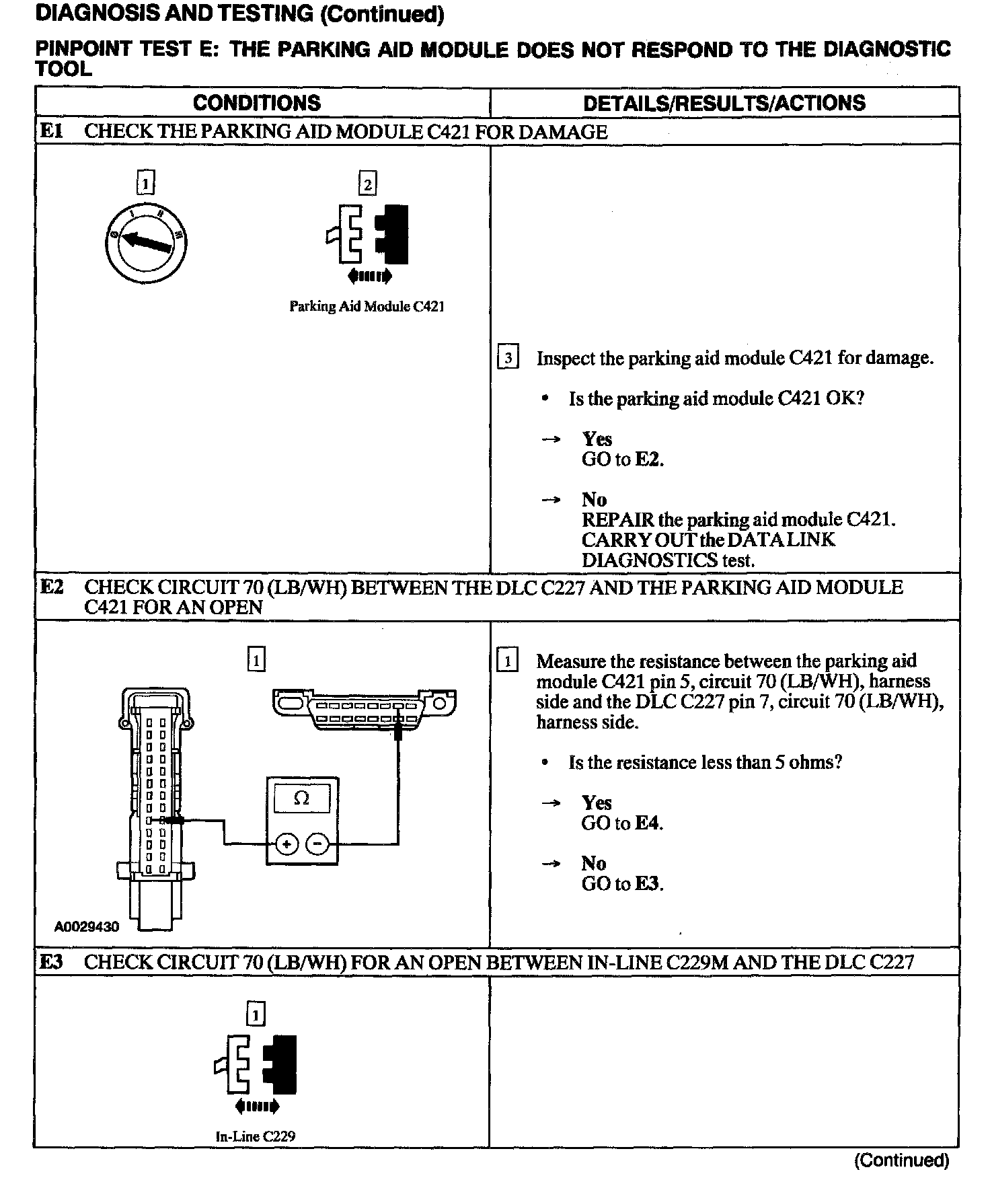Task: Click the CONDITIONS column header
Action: coord(256,103)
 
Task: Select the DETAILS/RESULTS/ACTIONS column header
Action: coord(724,103)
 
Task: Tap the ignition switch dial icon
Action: coord(145,243)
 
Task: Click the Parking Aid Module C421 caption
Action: coord(367,307)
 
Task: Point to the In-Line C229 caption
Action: coord(256,1136)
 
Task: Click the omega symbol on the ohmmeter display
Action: coord(302,799)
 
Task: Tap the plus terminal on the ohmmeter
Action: coord(287,844)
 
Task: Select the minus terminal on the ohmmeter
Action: coord(318,844)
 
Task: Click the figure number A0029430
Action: coord(87,927)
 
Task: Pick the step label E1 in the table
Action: coord(51,131)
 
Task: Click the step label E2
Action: coord(52,587)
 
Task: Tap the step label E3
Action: coord(52,962)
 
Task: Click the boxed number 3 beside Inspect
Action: coord(508,359)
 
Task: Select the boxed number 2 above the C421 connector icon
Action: coord(367,184)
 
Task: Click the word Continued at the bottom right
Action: coord(901,1160)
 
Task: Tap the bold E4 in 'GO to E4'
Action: coord(648,823)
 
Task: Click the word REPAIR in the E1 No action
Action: coord(617,519)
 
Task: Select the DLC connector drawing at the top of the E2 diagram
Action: coord(364,709)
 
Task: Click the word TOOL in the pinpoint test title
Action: coord(63,69)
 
